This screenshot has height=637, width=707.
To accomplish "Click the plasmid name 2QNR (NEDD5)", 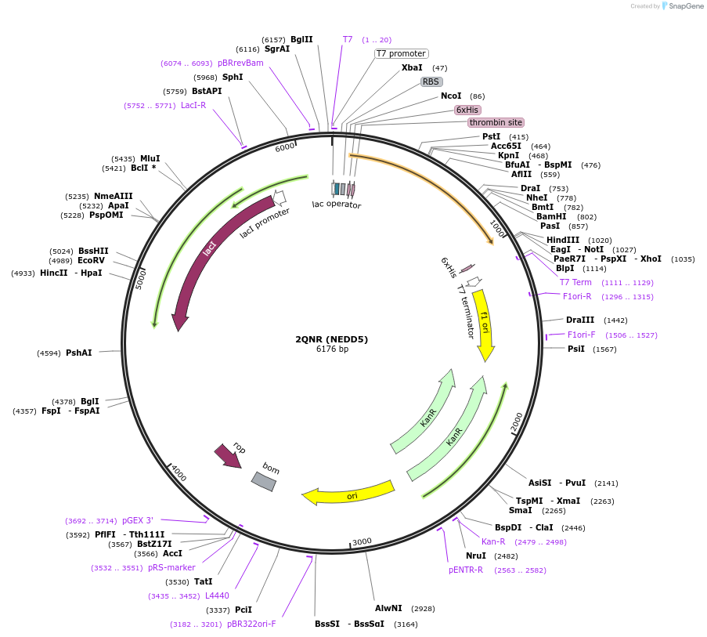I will [331, 339].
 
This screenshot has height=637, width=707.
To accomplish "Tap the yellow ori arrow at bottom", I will [350, 494].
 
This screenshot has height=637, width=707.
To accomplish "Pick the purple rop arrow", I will [228, 455].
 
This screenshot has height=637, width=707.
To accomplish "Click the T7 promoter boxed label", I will [401, 54].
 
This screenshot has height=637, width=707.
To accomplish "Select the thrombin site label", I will [496, 123].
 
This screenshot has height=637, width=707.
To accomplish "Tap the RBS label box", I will [431, 81].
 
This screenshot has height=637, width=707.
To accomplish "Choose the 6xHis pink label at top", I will [467, 110].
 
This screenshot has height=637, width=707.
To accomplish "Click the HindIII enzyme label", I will [563, 240].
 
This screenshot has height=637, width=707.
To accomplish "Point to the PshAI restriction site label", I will [78, 353].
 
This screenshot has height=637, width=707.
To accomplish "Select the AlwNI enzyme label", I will [388, 608].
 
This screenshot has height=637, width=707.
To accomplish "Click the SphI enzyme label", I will [233, 77].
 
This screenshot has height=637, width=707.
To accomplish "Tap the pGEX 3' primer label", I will [138, 520].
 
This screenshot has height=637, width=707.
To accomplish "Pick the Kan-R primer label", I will [492, 541].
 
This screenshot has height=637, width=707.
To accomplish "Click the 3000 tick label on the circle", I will [362, 541].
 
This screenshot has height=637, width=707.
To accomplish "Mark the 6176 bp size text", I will [332, 349].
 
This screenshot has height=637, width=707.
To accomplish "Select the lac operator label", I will [337, 205].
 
